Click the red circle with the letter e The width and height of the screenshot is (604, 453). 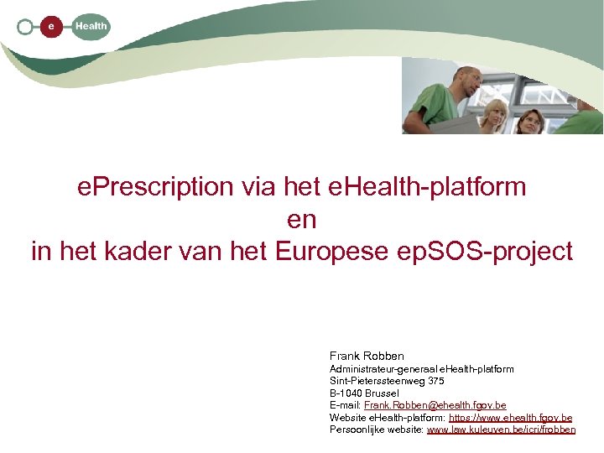click(52, 27)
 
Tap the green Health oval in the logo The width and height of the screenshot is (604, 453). click(91, 27)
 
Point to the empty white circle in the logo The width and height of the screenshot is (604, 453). click(25, 27)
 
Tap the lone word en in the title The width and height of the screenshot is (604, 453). click(301, 219)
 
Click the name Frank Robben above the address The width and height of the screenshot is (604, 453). click(367, 356)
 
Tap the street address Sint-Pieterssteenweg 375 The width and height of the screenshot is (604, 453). click(387, 381)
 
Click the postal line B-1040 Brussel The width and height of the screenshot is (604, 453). click(364, 393)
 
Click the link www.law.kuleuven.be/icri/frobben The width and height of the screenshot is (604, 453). click(501, 430)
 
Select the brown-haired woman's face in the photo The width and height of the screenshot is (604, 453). click(529, 122)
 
